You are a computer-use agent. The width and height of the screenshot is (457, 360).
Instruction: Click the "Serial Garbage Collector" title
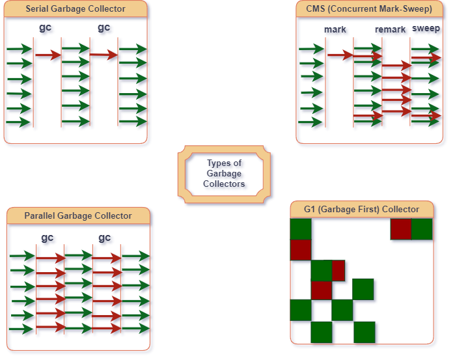coord(75,9)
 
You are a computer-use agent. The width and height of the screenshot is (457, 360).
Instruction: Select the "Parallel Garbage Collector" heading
coord(78,215)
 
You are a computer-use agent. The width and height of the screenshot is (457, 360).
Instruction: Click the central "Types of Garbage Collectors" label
coord(223,173)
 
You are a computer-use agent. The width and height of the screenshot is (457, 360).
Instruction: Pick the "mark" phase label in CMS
coord(335,30)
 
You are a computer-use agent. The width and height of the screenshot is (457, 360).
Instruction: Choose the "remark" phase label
coord(390,29)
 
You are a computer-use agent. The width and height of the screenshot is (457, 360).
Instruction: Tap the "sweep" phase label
coord(426,29)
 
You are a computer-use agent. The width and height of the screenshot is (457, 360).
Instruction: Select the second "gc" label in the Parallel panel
coord(105,238)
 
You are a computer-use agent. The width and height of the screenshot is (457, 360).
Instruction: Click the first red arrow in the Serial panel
coord(48,56)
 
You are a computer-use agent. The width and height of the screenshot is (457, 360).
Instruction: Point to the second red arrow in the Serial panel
coord(104,56)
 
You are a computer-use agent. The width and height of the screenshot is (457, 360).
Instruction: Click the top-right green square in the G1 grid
coord(422,229)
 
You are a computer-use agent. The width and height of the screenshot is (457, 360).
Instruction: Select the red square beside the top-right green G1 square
coord(401,229)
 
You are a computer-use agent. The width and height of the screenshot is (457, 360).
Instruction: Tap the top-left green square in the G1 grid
coord(301,229)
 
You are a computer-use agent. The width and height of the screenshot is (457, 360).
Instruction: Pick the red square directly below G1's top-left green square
coord(301,249)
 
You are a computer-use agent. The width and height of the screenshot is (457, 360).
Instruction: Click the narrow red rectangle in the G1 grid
coord(339,270)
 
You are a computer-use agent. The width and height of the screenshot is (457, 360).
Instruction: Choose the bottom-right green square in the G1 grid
coord(365,331)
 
